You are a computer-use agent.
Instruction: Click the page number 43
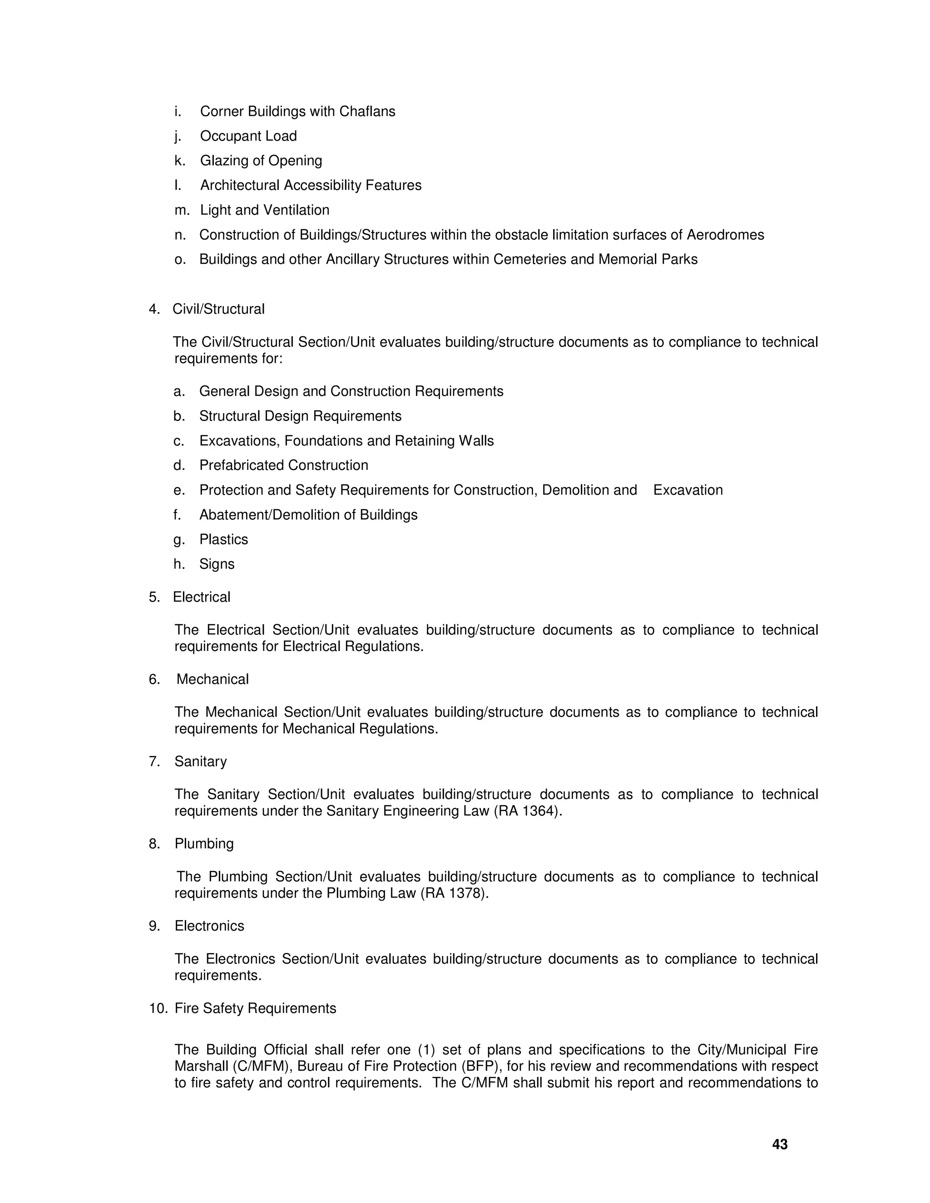point(780,1144)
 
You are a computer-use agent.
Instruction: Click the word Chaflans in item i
point(367,111)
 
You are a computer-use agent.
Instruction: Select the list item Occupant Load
point(248,136)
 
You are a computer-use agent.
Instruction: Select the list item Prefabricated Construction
point(283,465)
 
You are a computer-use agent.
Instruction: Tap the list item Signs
point(217,564)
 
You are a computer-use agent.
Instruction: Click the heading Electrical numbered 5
point(201,597)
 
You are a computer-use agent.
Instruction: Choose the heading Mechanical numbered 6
point(212,679)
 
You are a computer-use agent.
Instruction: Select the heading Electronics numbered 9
point(209,926)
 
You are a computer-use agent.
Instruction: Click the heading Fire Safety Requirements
point(255,1008)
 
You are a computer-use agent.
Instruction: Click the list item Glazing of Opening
point(261,161)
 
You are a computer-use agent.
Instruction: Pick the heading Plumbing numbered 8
point(204,844)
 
